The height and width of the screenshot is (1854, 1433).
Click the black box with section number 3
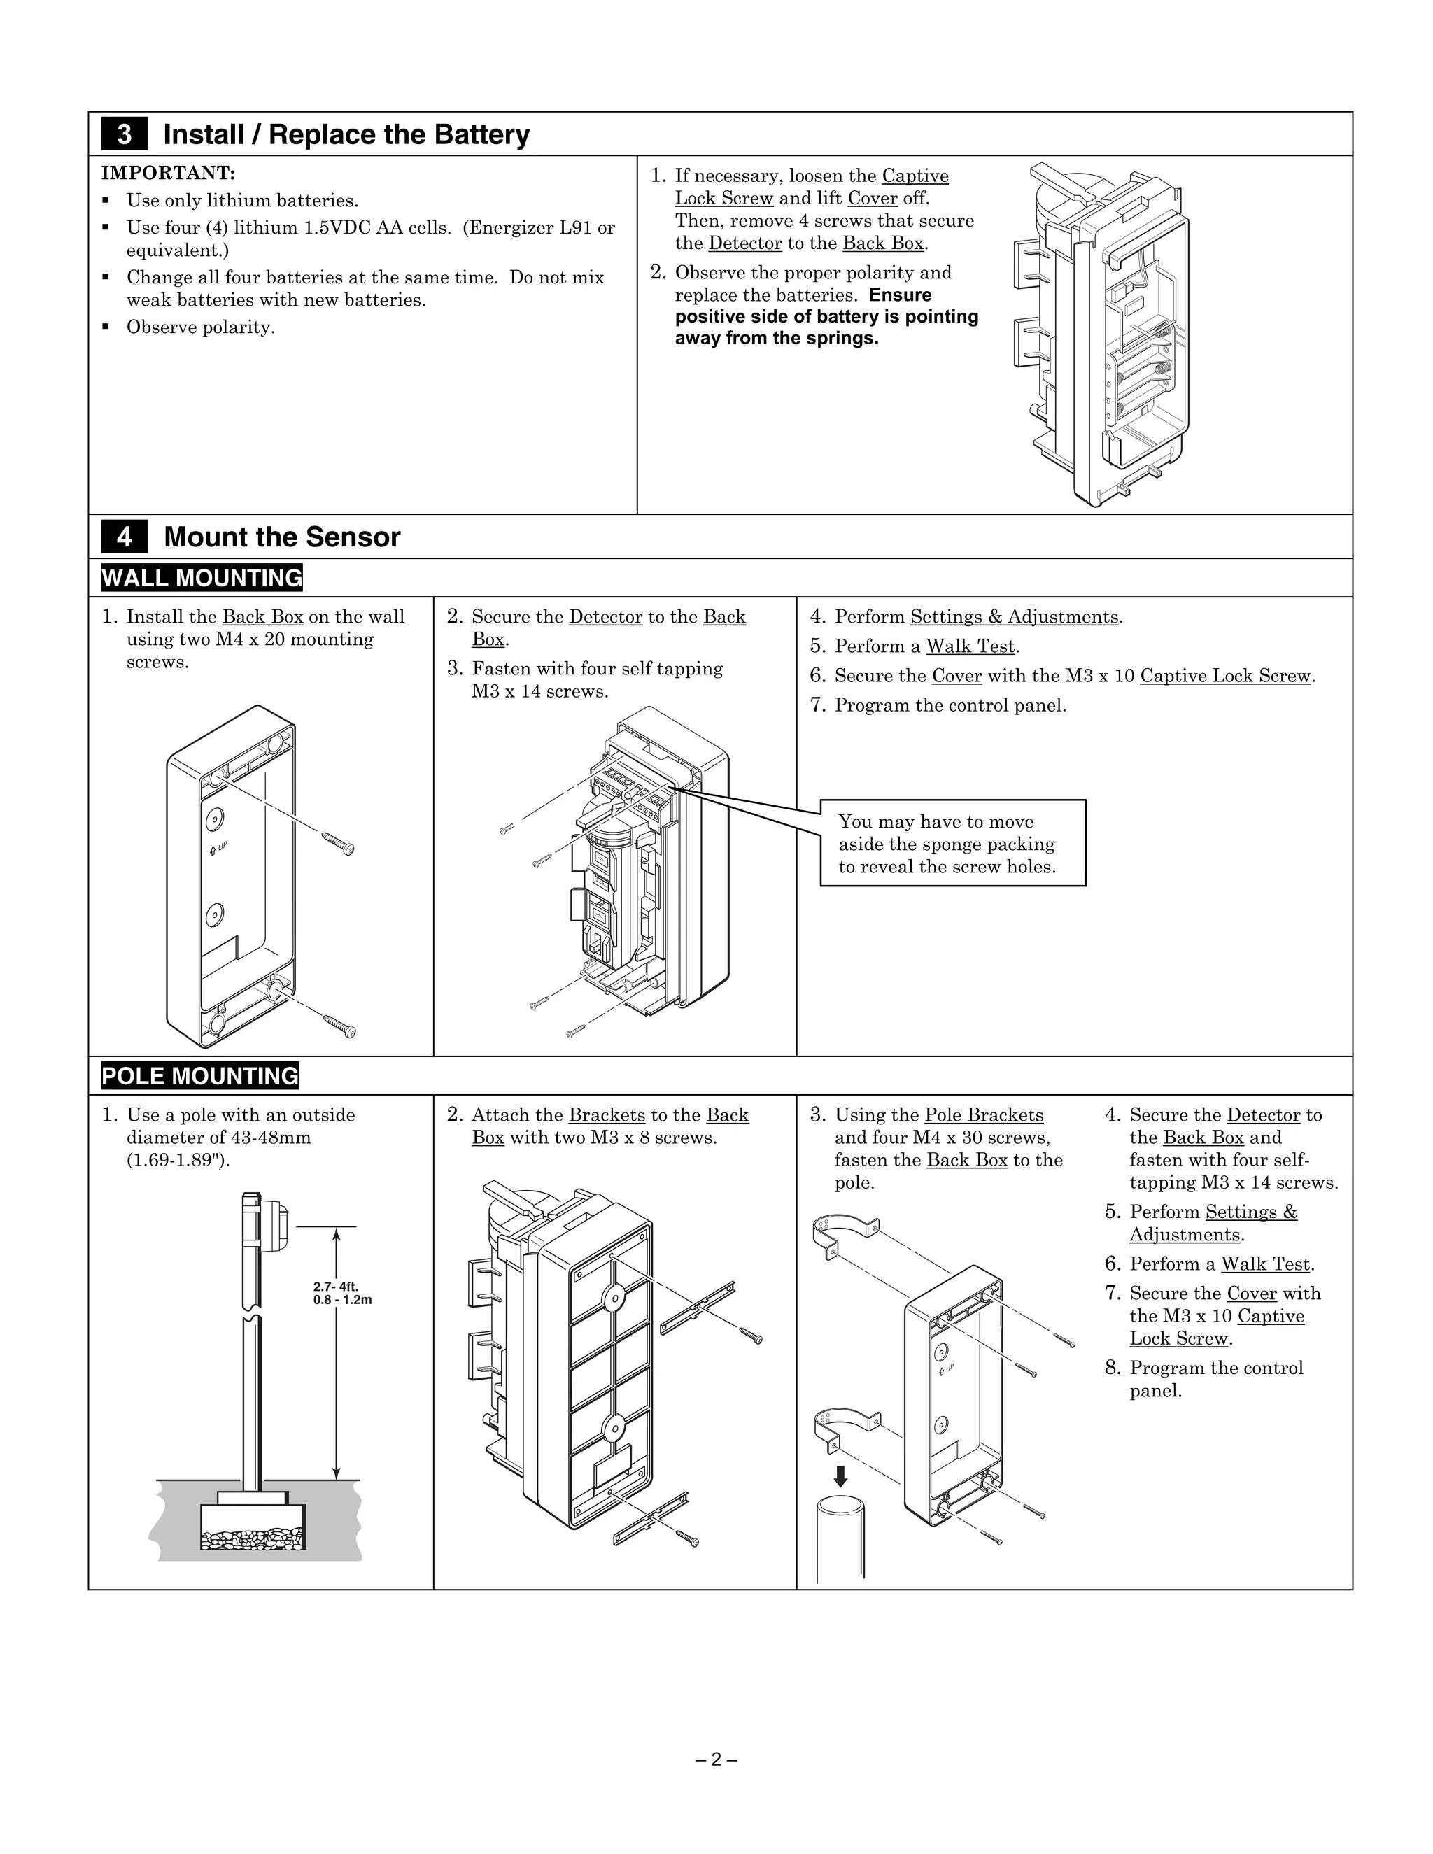coord(124,134)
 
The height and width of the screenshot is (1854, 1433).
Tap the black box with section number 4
coord(124,537)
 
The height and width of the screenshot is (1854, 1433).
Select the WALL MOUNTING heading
coord(202,578)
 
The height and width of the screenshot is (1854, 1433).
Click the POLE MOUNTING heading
coord(199,1075)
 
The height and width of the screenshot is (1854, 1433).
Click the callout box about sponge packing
coord(952,843)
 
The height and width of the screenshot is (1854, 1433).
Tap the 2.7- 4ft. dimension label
coord(336,1287)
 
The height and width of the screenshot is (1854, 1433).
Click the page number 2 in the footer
coord(716,1759)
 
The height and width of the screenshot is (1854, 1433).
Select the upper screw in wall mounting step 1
coord(338,844)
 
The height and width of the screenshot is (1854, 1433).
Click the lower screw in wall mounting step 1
coord(339,1026)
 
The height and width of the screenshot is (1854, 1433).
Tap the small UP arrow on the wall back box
coord(214,849)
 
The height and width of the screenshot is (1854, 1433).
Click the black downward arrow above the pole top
coord(840,1476)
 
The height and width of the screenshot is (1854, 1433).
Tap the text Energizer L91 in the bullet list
coord(541,227)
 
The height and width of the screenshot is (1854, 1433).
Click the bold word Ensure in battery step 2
coord(900,295)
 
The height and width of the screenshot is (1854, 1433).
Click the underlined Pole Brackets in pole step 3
coord(983,1114)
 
